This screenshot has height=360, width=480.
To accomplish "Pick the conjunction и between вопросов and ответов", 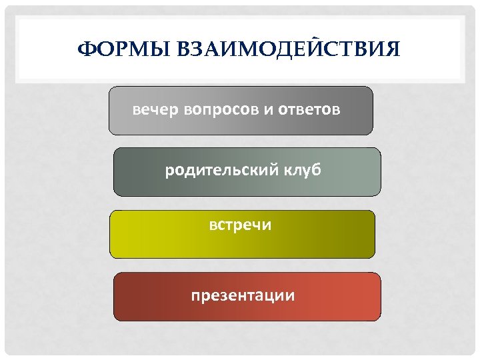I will [x=268, y=109].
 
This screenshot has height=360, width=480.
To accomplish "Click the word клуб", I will [x=301, y=171].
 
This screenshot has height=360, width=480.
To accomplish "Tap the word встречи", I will [x=240, y=225].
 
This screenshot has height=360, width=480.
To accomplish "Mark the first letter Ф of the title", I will [x=85, y=50].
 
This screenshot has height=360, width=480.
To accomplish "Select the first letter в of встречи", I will [x=213, y=226].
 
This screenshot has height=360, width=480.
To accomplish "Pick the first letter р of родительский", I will [x=169, y=172].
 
